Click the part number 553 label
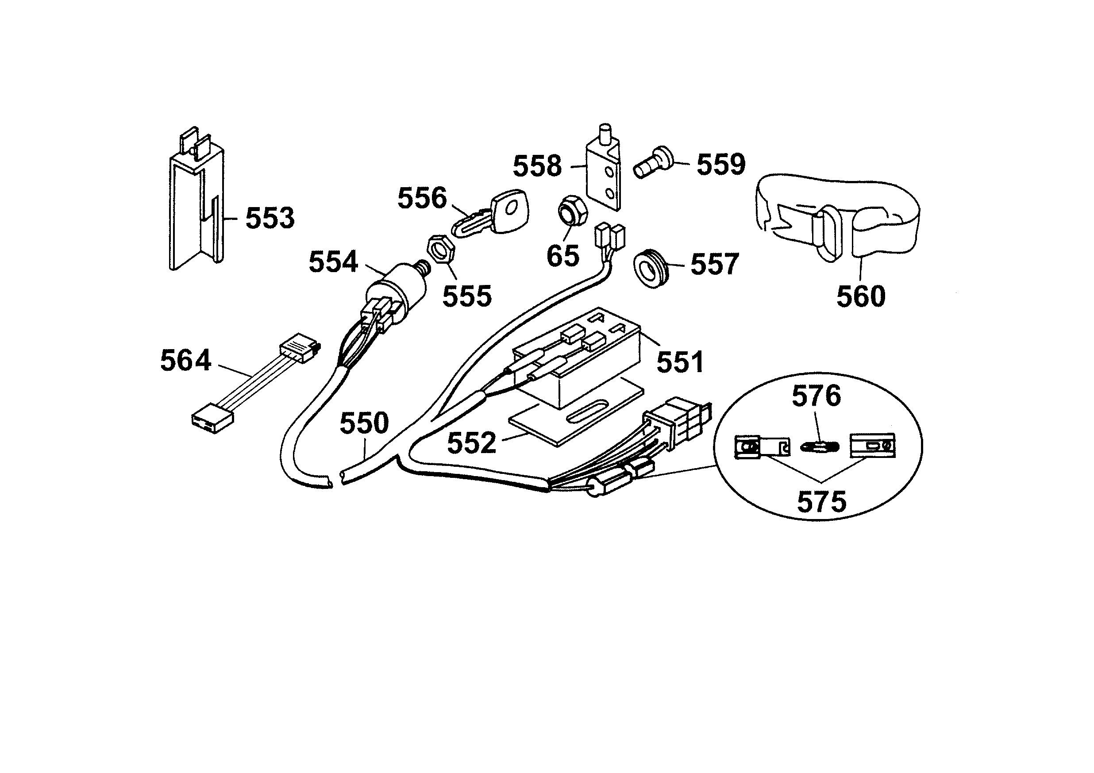coord(270,218)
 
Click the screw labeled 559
coord(653,163)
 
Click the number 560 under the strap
coord(860,296)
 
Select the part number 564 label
coord(185,361)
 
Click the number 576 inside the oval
coord(816,396)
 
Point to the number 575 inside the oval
coord(821,501)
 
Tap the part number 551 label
coord(680,362)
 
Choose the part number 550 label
coord(364,423)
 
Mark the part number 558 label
coord(537,166)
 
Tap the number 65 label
coord(563,255)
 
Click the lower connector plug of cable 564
coord(212,418)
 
